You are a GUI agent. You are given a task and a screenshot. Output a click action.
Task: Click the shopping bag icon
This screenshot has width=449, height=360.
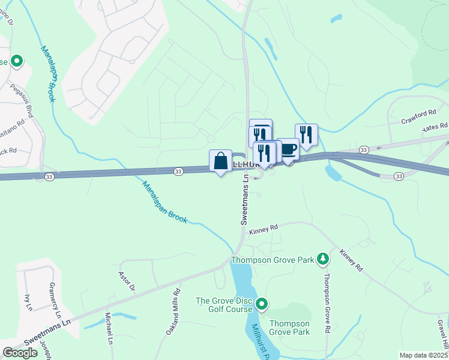click(x=221, y=161)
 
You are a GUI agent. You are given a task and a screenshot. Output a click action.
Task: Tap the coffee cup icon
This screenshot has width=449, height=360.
click(x=289, y=149)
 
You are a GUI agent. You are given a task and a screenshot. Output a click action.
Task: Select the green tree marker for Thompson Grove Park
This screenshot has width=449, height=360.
click(x=324, y=259)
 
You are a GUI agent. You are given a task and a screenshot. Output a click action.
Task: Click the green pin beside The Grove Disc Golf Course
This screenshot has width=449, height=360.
click(x=261, y=304)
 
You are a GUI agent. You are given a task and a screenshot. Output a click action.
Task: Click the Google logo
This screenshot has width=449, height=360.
click(x=20, y=353)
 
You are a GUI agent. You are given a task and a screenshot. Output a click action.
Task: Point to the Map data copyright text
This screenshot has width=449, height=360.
click(x=424, y=355)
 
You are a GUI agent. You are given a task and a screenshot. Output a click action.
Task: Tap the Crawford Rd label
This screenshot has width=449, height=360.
click(x=419, y=116)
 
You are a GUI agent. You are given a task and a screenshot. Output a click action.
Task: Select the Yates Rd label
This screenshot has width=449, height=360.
click(x=435, y=127)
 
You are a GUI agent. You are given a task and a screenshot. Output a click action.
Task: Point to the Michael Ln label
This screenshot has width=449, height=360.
click(x=109, y=328)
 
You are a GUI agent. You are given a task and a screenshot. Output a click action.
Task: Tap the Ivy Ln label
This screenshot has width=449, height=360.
click(x=28, y=302)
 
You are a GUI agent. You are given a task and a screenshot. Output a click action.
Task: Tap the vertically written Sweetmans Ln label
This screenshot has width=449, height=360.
click(x=245, y=200)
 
